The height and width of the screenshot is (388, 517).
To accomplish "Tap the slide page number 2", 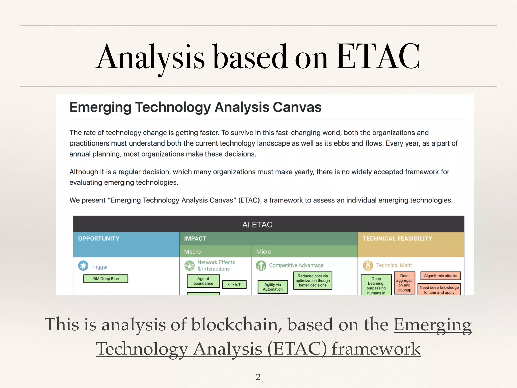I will click(258, 377).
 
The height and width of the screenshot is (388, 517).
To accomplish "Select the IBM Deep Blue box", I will click(106, 279).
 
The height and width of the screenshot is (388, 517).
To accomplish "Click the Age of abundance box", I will click(203, 281).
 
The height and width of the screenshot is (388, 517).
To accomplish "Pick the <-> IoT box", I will click(234, 284).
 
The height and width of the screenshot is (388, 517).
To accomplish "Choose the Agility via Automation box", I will click(273, 287).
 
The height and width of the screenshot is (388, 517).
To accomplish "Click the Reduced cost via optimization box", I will click(313, 280).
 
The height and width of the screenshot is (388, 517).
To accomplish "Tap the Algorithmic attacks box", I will click(441, 276).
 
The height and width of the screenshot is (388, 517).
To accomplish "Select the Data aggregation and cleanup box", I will click(404, 283).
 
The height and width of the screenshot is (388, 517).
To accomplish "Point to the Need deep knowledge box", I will click(439, 290).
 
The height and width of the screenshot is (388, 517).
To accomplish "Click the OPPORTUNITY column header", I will click(99, 239).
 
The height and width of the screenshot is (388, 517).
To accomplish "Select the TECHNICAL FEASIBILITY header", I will click(397, 239).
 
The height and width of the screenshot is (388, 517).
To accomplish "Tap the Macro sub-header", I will click(192, 252).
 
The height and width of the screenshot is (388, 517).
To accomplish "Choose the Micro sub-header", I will click(264, 252).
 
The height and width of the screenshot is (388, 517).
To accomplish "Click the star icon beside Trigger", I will click(83, 266).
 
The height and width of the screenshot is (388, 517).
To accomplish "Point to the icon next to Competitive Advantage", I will click(261, 265).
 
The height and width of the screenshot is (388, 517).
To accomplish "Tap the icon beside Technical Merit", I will click(368, 265).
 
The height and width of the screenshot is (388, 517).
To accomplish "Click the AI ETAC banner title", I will click(257, 225).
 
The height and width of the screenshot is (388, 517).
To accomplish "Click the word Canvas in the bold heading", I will click(297, 107).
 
